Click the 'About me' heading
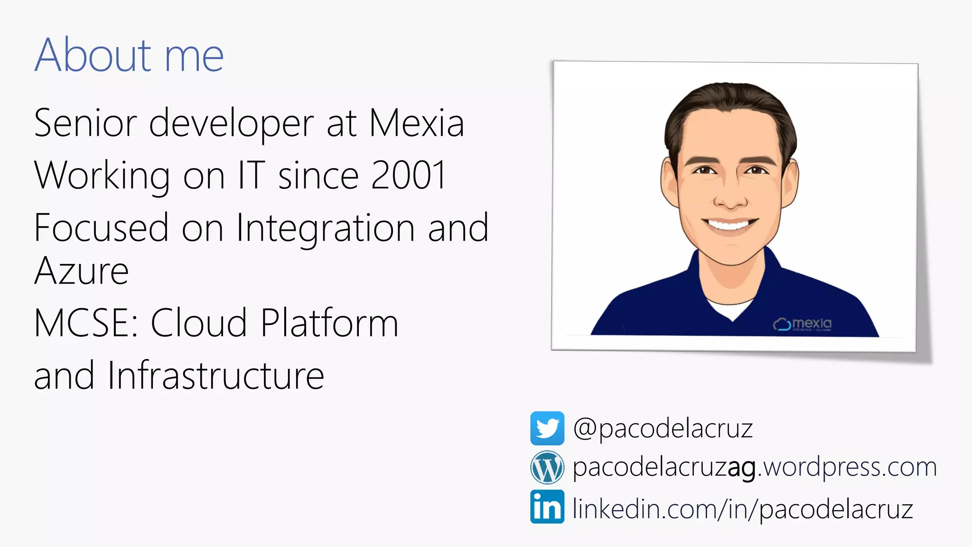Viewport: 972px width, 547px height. click(x=129, y=55)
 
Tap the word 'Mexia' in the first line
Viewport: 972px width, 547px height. click(x=416, y=123)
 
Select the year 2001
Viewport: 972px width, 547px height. click(x=409, y=175)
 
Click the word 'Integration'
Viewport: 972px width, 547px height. click(x=326, y=228)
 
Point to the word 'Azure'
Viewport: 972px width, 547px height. click(x=82, y=271)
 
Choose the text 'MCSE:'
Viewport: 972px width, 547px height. click(x=86, y=323)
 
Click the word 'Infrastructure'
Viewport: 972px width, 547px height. click(x=216, y=376)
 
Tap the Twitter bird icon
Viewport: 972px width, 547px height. click(x=547, y=428)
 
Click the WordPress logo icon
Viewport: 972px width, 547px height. click(x=547, y=467)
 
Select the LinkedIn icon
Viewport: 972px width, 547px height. click(x=547, y=507)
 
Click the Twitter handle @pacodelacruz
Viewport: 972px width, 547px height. click(x=663, y=429)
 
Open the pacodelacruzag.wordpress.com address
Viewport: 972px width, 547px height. click(x=755, y=468)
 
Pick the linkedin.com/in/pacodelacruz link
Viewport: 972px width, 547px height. click(x=743, y=509)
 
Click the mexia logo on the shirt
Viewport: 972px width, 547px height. click(x=803, y=324)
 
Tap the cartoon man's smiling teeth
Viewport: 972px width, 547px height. click(x=730, y=224)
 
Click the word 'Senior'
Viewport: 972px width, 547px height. click(x=86, y=123)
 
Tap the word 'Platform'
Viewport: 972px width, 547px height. click(x=329, y=323)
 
